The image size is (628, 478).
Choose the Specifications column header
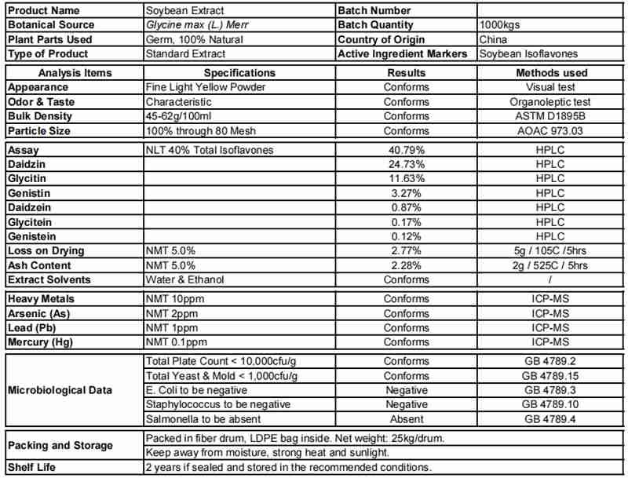click(239, 73)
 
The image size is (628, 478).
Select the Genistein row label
click(32, 235)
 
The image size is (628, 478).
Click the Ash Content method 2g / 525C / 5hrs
click(549, 265)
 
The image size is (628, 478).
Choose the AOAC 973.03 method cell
click(549, 131)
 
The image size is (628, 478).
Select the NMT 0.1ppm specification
click(176, 342)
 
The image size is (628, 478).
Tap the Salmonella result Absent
click(405, 418)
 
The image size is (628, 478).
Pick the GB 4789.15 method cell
click(549, 375)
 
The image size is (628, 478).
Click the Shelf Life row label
click(31, 469)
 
